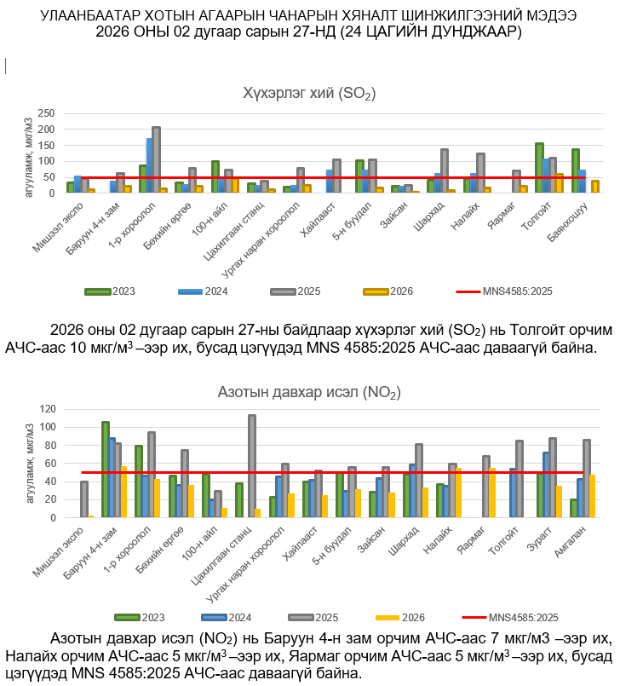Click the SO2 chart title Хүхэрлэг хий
pos(308,93)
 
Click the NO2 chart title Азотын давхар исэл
pos(309,393)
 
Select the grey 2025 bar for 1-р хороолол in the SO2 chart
pos(156,160)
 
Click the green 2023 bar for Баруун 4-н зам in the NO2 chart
pos(106,470)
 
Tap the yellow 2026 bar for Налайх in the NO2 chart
pos(458,493)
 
